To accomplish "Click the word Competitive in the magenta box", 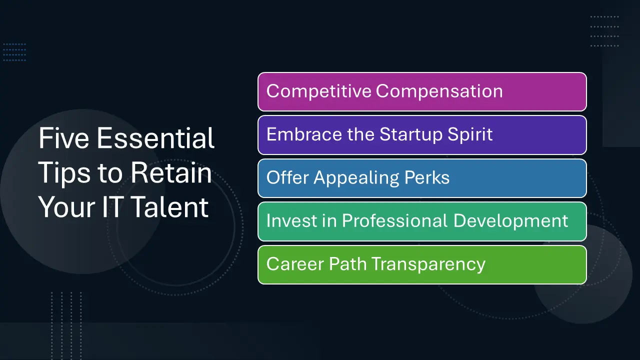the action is point(318,91).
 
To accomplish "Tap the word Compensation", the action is point(439,91).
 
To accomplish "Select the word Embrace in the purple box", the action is point(304,134).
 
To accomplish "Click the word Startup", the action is point(411,135).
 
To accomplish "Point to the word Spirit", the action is point(470,135).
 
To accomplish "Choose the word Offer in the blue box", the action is point(287,177).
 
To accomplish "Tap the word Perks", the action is point(427,177).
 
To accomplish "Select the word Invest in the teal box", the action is point(291,220).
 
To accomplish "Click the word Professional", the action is point(395,220).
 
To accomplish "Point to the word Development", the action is point(510,221).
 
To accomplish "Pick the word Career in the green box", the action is point(294,263).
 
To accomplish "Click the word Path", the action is point(347,263).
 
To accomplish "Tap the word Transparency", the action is point(428,264).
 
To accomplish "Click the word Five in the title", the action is point(63,138).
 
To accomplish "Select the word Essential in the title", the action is point(155,138).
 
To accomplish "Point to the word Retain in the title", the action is point(171,172).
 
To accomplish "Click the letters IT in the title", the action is point(112,207).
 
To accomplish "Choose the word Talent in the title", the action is point(170,207).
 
